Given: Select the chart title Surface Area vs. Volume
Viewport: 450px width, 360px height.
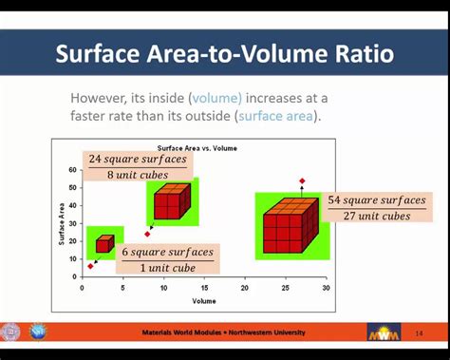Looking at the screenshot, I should point(197,148).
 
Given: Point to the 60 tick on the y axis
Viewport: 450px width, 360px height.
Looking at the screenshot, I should point(72,170).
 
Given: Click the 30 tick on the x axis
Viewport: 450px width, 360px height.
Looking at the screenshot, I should point(326,288).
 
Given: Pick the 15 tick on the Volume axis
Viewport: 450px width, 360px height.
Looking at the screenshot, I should point(203,288).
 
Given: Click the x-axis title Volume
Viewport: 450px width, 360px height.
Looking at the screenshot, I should point(204,300).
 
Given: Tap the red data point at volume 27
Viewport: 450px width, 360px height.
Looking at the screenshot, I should point(302,180).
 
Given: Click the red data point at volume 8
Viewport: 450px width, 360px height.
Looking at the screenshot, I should point(147,234).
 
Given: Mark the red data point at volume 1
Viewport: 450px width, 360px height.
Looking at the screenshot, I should point(90,266).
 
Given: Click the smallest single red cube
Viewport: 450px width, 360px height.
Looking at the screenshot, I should point(104,243).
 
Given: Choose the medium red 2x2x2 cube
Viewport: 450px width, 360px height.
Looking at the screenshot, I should point(172,201).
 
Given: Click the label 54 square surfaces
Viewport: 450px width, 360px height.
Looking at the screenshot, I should point(377,200).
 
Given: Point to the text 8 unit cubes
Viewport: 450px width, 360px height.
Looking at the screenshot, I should point(139,175).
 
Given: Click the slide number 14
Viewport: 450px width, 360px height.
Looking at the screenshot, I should point(420,332).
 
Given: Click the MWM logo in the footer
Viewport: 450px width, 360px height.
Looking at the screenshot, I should point(384,332).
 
